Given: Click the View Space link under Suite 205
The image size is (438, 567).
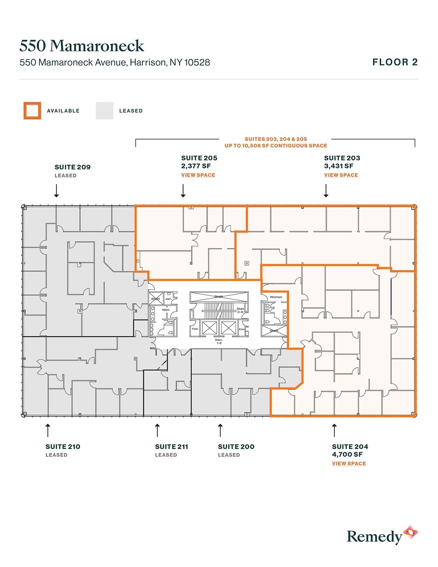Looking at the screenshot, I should pyautogui.click(x=198, y=175).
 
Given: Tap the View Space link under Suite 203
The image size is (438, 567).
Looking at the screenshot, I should pyautogui.click(x=341, y=175).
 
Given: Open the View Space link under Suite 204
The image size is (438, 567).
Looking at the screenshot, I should pyautogui.click(x=349, y=464).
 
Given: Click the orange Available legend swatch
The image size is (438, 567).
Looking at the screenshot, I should pyautogui.click(x=32, y=111).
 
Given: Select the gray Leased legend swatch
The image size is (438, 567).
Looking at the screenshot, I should pyautogui.click(x=104, y=111).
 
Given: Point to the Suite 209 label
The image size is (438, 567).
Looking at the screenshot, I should pyautogui.click(x=72, y=167).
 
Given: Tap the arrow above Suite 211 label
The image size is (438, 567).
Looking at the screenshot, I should pyautogui.click(x=157, y=430).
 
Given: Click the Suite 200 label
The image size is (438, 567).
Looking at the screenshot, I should pyautogui.click(x=236, y=447).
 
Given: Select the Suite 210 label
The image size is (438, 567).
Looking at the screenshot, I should pyautogui.click(x=63, y=447).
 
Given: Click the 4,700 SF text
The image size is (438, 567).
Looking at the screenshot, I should pyautogui.click(x=347, y=454).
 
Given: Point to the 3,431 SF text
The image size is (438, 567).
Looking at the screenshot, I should pyautogui.click(x=338, y=166).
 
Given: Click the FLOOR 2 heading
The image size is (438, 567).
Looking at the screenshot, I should pyautogui.click(x=395, y=62).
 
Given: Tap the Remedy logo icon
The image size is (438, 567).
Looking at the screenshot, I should pyautogui.click(x=411, y=533).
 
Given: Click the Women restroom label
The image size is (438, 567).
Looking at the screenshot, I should pyautogui.click(x=276, y=297).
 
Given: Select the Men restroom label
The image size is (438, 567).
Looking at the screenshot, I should pyautogui.click(x=166, y=310).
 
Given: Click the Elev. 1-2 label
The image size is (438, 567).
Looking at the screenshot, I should pyautogui.click(x=219, y=341).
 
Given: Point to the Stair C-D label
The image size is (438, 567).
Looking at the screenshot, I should pyautogui.click(x=240, y=310).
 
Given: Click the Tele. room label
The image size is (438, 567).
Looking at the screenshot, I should pyautogui.click(x=195, y=329).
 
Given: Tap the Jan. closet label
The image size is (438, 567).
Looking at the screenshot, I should pyautogui.click(x=168, y=299).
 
